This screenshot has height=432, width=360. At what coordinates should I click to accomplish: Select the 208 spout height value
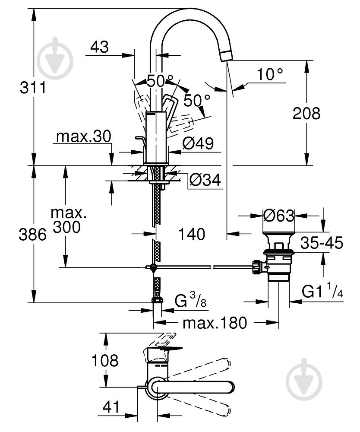306,114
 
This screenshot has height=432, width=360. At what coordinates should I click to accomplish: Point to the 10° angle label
271,75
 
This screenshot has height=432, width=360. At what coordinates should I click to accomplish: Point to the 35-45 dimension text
322,243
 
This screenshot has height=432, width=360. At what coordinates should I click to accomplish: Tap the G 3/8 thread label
189,300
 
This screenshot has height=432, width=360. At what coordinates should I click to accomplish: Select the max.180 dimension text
214,322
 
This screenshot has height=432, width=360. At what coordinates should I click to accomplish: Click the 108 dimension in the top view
104,360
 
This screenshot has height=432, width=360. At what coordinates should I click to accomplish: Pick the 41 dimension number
111,407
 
